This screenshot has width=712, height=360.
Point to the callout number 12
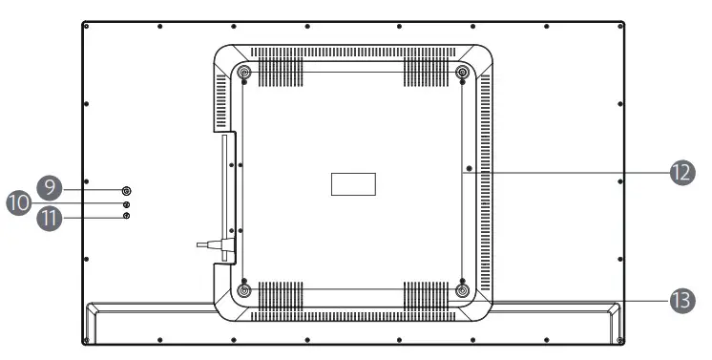[680, 172]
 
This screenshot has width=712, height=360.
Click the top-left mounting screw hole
[243, 73]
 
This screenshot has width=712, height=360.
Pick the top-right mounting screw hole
[462, 73]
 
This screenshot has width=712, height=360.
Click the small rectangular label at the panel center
[353, 183]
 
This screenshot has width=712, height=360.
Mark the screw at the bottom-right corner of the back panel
[619, 340]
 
